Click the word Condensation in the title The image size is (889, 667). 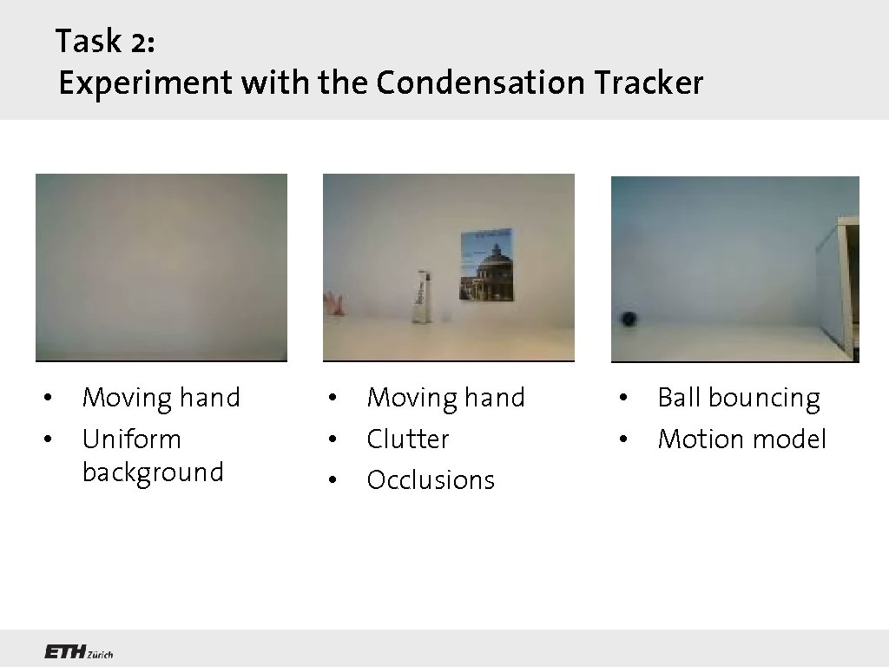[x=481, y=83]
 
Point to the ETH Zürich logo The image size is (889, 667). [x=78, y=652]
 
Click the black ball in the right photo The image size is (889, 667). [x=628, y=319]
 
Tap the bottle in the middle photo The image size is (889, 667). [x=421, y=297]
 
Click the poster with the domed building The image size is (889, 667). [x=485, y=265]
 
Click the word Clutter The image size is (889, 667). [x=407, y=439]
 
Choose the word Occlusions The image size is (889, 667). [x=431, y=479]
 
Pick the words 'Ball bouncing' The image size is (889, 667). [x=738, y=398]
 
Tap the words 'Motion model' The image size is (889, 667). [x=741, y=439]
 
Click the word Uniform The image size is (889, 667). [x=131, y=439]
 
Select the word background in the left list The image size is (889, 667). [x=153, y=472]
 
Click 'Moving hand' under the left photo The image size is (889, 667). [x=161, y=398]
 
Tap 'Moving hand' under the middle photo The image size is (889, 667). [x=445, y=398]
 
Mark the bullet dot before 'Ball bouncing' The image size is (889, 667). [x=622, y=399]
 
